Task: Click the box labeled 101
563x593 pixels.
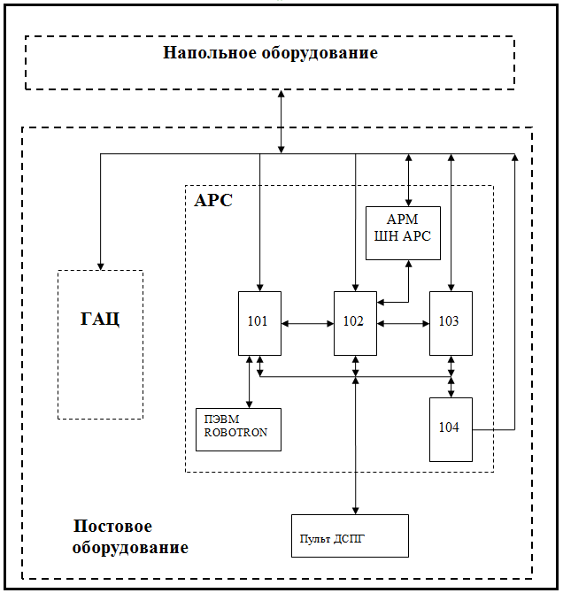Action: (x=259, y=323)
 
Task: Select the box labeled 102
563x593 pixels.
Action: (x=355, y=323)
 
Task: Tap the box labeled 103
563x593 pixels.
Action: (x=451, y=323)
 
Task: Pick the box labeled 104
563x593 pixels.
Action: (x=451, y=429)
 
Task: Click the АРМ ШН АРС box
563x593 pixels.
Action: (x=403, y=233)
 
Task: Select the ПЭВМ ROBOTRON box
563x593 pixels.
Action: (x=238, y=429)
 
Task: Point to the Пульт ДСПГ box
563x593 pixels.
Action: (x=350, y=535)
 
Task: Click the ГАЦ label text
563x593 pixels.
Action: (x=100, y=319)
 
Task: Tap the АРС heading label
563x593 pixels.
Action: (x=212, y=201)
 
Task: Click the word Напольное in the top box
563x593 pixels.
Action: (x=210, y=53)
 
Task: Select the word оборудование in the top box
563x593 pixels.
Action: (x=320, y=53)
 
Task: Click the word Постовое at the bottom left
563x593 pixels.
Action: (x=112, y=528)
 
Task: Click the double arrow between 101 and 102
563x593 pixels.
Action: (x=307, y=324)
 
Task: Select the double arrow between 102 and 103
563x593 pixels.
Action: (x=403, y=324)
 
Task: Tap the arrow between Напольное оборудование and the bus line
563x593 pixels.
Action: (x=281, y=121)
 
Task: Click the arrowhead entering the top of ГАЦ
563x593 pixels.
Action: (x=100, y=266)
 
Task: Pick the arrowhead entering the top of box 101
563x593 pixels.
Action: (x=259, y=287)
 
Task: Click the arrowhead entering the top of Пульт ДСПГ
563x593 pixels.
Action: (x=355, y=510)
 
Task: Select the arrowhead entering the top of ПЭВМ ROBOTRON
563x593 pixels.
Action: (x=249, y=404)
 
